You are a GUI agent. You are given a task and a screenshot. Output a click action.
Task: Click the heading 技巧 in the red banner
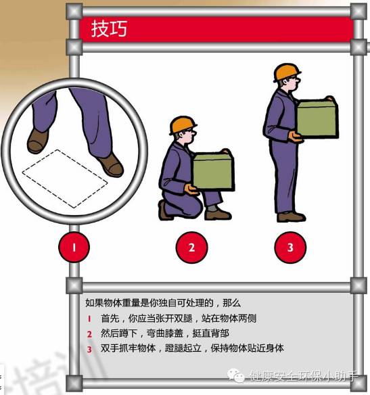pyautogui.click(x=109, y=29)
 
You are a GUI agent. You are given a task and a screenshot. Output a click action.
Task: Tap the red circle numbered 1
pyautogui.click(x=74, y=247)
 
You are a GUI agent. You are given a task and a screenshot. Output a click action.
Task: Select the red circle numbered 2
pyautogui.click(x=191, y=248)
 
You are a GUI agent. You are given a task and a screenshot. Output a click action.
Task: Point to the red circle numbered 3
pyautogui.click(x=290, y=248)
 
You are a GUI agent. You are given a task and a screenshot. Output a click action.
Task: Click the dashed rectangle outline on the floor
pyautogui.click(x=65, y=178)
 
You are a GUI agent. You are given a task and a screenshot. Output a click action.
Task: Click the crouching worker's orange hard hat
pyautogui.click(x=183, y=125)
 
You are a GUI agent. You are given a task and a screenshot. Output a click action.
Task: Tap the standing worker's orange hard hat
pyautogui.click(x=287, y=72)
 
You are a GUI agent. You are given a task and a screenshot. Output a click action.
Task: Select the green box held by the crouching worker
pyautogui.click(x=214, y=170)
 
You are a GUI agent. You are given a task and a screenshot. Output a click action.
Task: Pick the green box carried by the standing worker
pyautogui.click(x=318, y=118)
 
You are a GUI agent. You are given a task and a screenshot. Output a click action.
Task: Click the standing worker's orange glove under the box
pyautogui.click(x=295, y=137)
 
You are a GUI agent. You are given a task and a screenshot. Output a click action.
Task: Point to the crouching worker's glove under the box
pyautogui.click(x=192, y=189)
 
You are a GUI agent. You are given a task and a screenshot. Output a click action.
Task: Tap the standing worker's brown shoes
pyautogui.click(x=291, y=217)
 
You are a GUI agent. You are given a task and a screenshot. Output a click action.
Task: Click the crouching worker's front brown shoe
pyautogui.click(x=218, y=214)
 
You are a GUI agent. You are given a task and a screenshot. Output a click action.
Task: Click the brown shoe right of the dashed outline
pyautogui.click(x=111, y=165)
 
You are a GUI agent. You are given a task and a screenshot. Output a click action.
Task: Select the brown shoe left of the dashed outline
pyautogui.click(x=37, y=141)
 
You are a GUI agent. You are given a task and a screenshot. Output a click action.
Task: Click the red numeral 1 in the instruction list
pyautogui.click(x=89, y=319)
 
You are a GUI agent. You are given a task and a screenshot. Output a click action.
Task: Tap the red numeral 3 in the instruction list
pyautogui.click(x=89, y=350)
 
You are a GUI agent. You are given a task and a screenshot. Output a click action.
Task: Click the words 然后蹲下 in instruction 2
pyautogui.click(x=119, y=333)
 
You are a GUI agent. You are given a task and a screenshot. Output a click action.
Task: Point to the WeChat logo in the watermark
pyautogui.click(x=236, y=375)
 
